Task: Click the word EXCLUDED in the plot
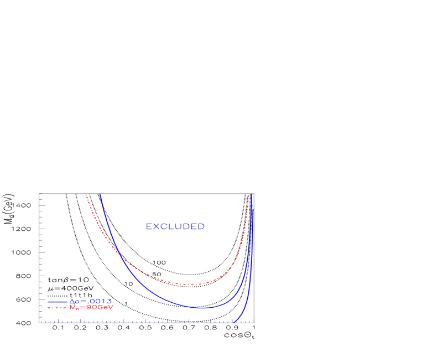click(x=175, y=227)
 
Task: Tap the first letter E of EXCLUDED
click(x=149, y=227)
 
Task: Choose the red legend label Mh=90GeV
click(x=92, y=307)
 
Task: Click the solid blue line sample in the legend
click(x=58, y=302)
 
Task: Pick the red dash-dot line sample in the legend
click(x=58, y=307)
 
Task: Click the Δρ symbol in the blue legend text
click(x=74, y=301)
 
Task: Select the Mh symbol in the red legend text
click(x=74, y=307)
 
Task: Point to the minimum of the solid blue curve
click(x=202, y=308)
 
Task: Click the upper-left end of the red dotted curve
click(x=86, y=195)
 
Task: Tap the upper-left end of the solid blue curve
click(x=100, y=194)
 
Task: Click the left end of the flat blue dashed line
click(x=49, y=322)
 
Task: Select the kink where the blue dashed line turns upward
click(x=234, y=322)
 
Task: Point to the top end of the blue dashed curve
click(x=253, y=210)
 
